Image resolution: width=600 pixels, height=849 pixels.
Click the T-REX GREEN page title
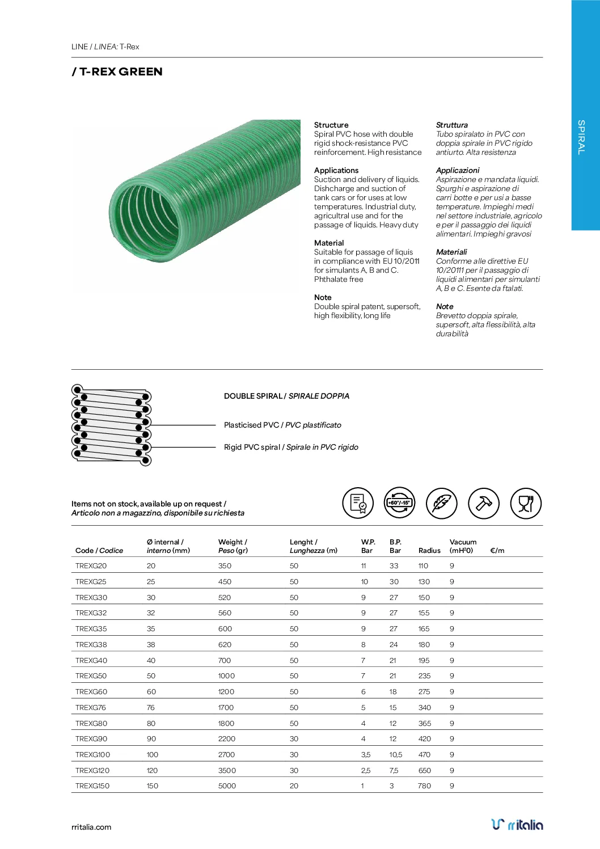point(117,72)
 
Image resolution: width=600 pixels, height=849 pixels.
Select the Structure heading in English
point(331,125)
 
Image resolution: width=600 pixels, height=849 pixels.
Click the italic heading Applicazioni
point(457,170)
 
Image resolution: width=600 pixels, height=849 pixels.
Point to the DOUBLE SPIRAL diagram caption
point(286,396)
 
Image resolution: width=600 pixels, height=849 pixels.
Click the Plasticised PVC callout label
point(282,425)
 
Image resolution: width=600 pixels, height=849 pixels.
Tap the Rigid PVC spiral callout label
point(291,447)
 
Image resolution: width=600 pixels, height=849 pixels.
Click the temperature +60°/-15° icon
point(399,503)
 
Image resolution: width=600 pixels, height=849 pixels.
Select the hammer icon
point(483,503)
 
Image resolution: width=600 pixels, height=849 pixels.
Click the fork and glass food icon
point(526,503)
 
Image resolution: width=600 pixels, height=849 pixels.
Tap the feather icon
point(441,503)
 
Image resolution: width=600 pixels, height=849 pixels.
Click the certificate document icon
point(358,503)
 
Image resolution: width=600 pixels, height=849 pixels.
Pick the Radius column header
point(429,550)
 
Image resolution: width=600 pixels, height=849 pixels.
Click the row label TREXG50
point(91,676)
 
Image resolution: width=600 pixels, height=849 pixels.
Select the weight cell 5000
point(227,786)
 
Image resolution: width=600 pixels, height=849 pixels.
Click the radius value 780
point(424,786)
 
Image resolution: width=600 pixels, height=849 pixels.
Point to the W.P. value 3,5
point(366,755)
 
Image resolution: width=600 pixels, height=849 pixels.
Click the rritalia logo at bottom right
point(517,825)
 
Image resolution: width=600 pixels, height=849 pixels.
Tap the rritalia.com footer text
point(91,827)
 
